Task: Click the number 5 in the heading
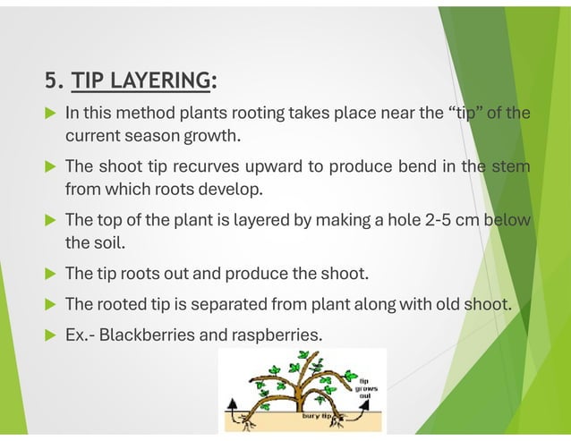pos(51,81)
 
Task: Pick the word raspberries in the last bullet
pos(275,336)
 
